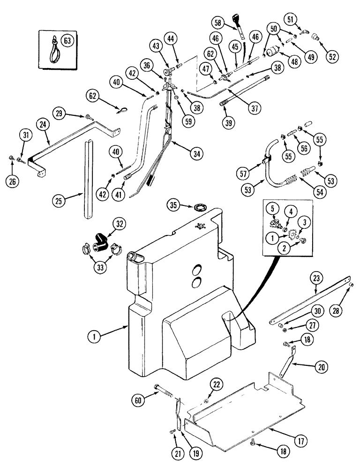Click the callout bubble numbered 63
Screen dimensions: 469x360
[x=67, y=41]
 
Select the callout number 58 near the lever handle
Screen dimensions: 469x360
[x=218, y=23]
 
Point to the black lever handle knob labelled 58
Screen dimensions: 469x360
[x=236, y=21]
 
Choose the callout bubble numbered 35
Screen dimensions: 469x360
[x=174, y=205]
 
